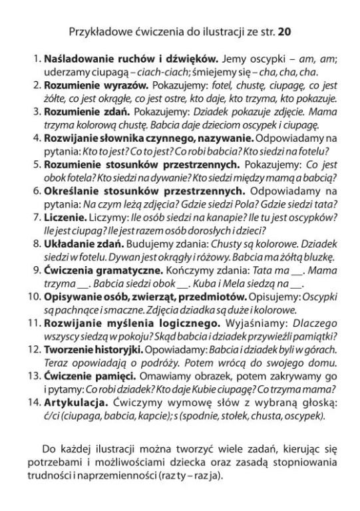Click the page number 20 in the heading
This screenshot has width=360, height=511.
coord(284,31)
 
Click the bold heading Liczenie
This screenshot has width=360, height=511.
coord(66,217)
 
